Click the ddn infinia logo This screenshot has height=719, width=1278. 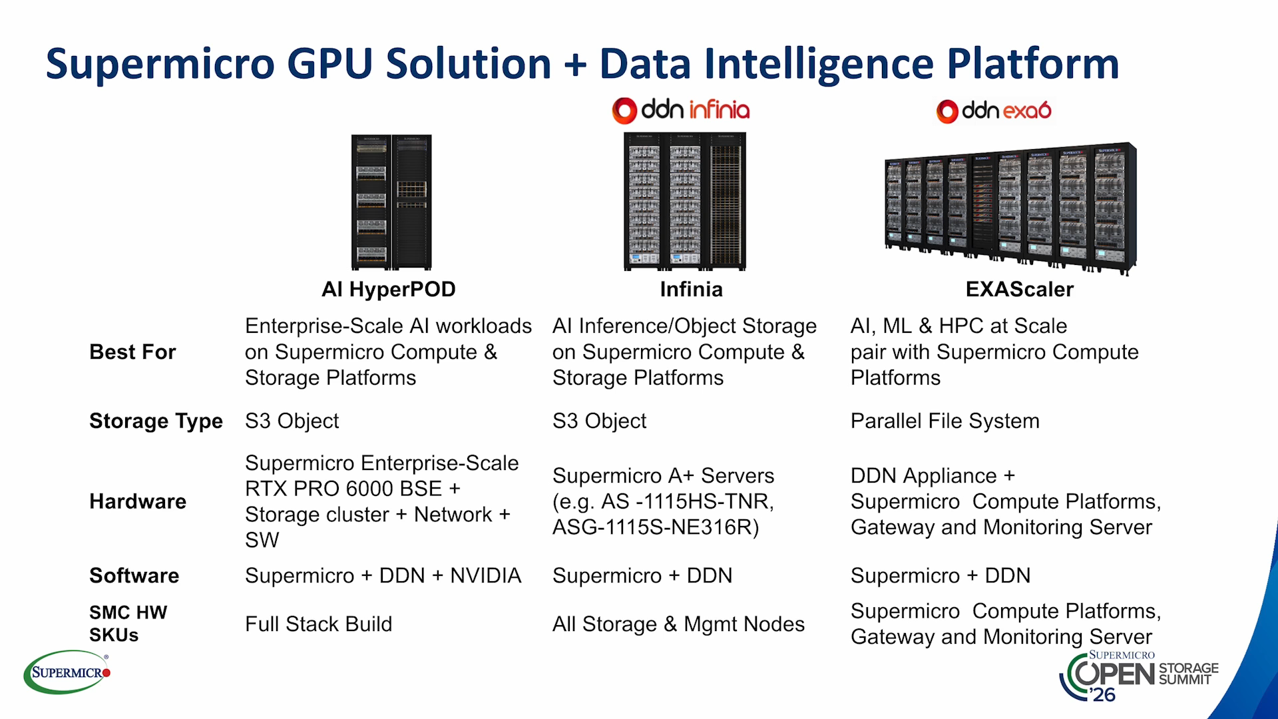(x=681, y=111)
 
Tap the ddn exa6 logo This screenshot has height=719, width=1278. (x=994, y=111)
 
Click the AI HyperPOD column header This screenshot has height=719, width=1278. (x=389, y=290)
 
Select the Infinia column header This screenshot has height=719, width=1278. (x=691, y=290)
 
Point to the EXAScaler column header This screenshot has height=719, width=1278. (x=1020, y=290)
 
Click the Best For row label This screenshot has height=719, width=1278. (x=132, y=352)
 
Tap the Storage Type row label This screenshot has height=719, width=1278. (x=156, y=421)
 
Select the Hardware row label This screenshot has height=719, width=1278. (x=138, y=501)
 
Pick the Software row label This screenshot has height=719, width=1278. (x=134, y=576)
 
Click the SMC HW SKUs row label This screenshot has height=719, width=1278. (x=128, y=624)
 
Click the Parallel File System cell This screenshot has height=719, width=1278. (x=945, y=421)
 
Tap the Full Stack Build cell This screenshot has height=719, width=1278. (x=318, y=624)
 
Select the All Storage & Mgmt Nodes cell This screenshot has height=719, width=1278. (x=678, y=624)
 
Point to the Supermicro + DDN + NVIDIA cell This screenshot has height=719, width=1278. (x=383, y=576)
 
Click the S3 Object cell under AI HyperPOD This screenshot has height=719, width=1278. (x=292, y=421)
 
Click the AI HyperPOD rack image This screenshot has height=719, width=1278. (x=391, y=202)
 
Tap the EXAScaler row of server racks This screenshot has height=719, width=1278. (x=1010, y=208)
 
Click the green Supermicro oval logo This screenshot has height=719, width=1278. (x=67, y=672)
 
